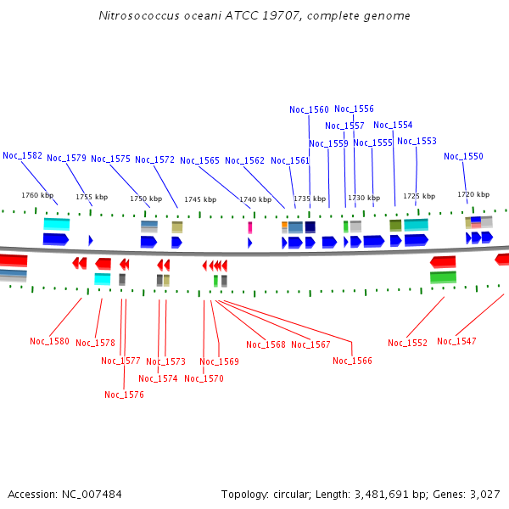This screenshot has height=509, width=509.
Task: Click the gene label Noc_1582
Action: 22,155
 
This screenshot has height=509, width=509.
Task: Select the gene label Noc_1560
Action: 309,109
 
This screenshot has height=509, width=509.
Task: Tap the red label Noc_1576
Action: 124,394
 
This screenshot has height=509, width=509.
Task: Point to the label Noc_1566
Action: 352,361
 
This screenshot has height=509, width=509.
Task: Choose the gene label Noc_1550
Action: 463,156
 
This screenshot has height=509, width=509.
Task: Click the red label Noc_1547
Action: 456,341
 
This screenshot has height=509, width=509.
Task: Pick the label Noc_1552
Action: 407,343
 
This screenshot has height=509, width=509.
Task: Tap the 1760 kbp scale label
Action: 36,195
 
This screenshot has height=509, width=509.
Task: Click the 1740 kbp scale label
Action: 255,199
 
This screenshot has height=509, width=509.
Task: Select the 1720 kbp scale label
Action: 473,194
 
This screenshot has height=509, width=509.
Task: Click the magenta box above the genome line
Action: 249,227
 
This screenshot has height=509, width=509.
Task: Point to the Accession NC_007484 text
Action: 64,494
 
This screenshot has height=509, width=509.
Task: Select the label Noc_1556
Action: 354,109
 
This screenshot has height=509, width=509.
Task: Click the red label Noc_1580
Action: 49,341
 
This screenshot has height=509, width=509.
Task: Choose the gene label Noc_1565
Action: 199,160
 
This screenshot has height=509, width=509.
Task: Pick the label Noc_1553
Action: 417,141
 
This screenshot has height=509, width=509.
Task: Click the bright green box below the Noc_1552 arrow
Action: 443,277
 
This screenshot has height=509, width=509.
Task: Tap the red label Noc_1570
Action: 204,378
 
